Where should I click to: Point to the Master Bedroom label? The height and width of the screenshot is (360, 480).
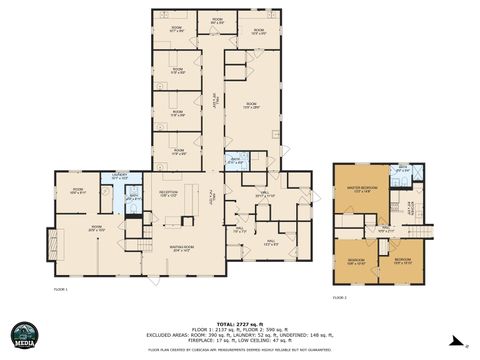pyautogui.click(x=360, y=188)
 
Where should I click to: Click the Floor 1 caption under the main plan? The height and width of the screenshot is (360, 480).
pyautogui.click(x=59, y=288)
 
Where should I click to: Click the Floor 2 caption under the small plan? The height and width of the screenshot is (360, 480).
pyautogui.click(x=339, y=297)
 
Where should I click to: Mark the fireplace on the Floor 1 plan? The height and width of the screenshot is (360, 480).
pyautogui.click(x=52, y=242)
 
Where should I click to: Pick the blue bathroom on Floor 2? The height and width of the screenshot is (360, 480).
pyautogui.click(x=401, y=173)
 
